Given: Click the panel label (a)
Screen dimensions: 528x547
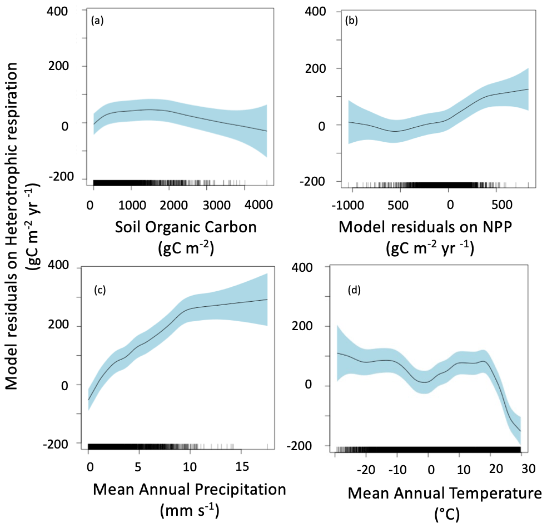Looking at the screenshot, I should [98, 22].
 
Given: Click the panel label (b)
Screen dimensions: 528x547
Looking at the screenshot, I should [351, 22].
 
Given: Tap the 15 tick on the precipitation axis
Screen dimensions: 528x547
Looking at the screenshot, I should [241, 464].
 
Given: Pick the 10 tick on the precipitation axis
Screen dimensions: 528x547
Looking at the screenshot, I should [190, 464].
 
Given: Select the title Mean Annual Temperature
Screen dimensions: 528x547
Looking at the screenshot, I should [445, 492].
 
